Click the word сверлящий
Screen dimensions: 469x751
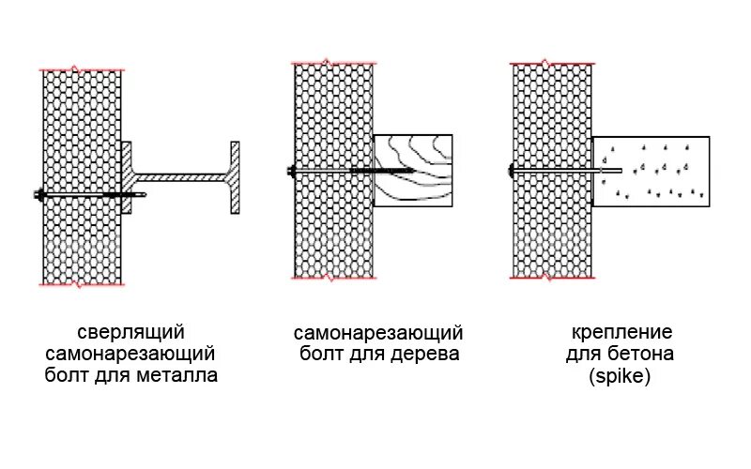(130, 333)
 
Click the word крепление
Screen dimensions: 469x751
(621, 333)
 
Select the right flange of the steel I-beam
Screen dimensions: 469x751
(235, 178)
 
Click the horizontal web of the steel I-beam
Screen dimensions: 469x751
(183, 174)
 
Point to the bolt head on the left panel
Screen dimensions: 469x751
(39, 195)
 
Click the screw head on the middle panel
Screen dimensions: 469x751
(291, 172)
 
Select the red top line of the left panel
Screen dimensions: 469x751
(81, 69)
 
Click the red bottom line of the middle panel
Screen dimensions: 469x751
(335, 279)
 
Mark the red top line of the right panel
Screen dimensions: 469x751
(552, 63)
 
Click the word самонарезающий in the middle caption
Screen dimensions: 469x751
(378, 333)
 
